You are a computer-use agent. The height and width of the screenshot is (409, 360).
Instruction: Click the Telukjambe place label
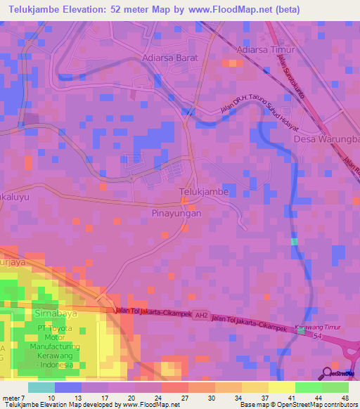point(204,191)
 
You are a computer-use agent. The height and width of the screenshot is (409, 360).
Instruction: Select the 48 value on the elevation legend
point(346,397)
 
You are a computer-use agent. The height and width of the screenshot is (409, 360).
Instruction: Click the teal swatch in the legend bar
point(41,387)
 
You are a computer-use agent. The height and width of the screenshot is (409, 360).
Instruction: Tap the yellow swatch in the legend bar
point(282,387)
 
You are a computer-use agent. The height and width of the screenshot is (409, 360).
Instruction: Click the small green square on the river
point(294,242)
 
